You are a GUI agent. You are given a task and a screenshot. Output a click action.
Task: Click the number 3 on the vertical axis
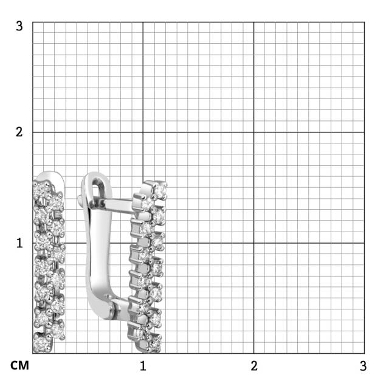pos(19,26)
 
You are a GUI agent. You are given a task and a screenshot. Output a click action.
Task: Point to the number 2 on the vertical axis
pos(19,132)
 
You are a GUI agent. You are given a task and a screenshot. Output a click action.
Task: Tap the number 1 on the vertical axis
pos(19,243)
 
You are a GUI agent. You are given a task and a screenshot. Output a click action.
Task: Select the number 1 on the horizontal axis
pos(143,366)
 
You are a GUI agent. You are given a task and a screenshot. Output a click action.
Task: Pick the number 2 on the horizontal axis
pos(254,366)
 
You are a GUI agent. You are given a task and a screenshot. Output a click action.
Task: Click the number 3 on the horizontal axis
pos(363,366)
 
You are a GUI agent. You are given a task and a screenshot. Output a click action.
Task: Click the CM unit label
pos(19,366)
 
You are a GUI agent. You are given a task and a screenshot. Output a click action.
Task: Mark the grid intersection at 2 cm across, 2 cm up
pos(254,132)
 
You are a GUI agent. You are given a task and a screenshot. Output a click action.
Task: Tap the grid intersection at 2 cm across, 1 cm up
pos(254,243)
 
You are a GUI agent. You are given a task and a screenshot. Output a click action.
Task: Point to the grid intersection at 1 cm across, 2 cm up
pos(143,132)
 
